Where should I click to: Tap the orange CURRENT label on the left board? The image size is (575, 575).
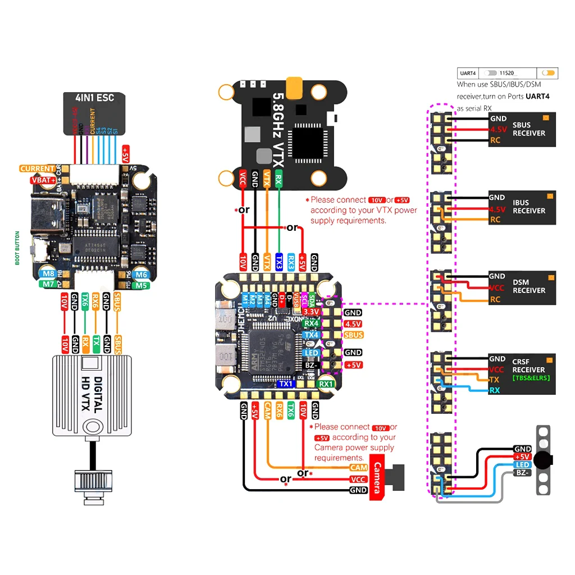(37, 168)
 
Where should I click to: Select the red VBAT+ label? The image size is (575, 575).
(43, 180)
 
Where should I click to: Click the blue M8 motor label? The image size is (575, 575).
(48, 273)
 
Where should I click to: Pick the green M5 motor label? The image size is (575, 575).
(141, 285)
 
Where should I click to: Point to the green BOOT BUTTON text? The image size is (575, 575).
(17, 248)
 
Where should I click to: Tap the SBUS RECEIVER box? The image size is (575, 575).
(528, 129)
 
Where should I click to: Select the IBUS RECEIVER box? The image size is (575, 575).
(528, 207)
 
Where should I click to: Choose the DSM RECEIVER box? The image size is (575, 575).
(528, 286)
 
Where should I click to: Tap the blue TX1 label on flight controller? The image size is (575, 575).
(286, 384)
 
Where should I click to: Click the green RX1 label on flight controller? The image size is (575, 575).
(326, 384)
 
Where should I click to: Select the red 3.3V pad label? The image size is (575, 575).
(311, 311)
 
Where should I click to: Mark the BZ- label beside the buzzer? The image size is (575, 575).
(522, 473)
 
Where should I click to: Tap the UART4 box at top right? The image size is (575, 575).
(468, 73)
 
